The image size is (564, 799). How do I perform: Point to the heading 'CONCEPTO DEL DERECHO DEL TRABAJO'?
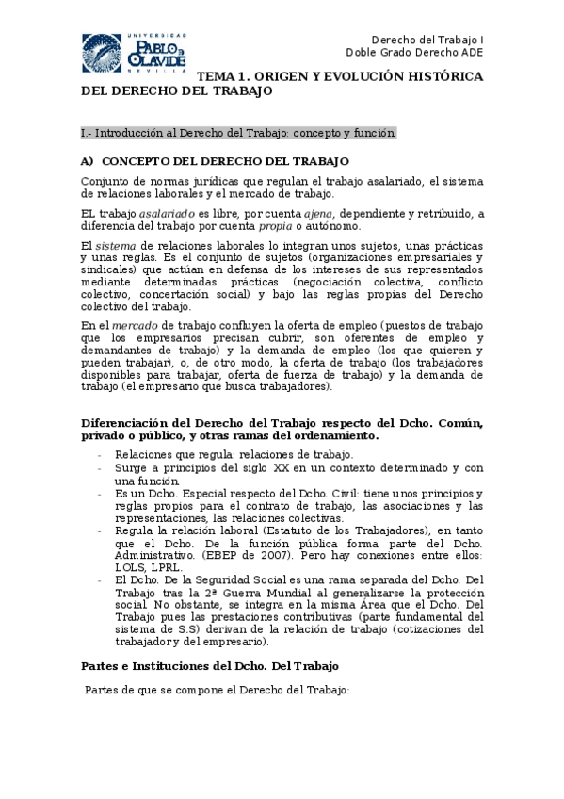point(225,161)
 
